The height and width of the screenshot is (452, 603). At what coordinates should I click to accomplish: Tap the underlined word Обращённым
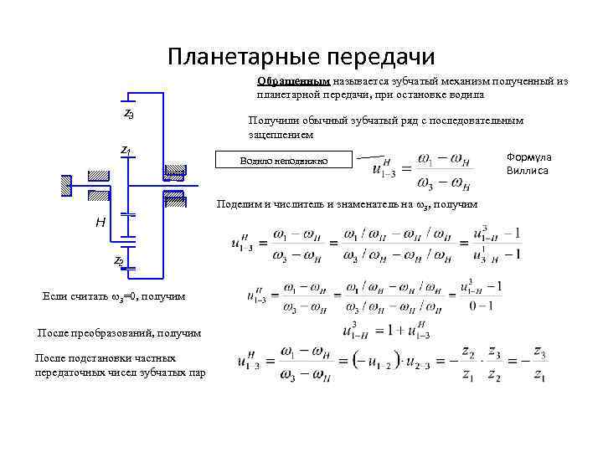tap(293, 82)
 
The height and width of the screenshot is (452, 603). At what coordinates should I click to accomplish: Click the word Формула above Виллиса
tap(528, 157)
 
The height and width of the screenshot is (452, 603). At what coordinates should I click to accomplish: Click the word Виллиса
tap(528, 171)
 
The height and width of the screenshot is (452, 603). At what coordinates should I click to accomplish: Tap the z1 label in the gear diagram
tap(126, 150)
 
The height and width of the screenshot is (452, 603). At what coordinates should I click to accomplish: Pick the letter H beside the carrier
tap(100, 223)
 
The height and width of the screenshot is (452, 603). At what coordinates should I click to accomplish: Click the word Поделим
tap(238, 204)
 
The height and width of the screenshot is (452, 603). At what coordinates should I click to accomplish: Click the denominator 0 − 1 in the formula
tap(482, 307)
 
